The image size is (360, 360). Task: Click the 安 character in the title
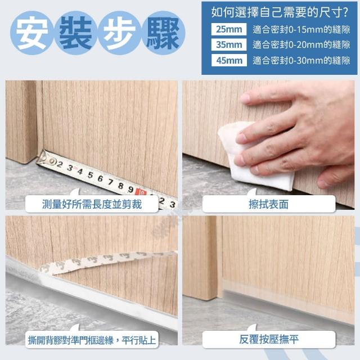click(x=32, y=33)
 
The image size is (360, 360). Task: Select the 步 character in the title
click(x=119, y=33)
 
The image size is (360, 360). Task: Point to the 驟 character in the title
click(x=163, y=33)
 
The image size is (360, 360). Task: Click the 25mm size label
click(x=229, y=29)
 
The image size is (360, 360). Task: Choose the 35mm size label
click(x=229, y=44)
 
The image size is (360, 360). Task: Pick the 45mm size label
click(x=229, y=60)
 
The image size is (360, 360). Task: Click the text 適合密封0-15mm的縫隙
click(x=301, y=30)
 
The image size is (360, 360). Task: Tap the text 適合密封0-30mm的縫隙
click(x=301, y=61)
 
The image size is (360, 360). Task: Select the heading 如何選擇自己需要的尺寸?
click(x=280, y=12)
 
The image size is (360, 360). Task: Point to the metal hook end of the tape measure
click(x=42, y=158)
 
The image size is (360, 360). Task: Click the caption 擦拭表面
click(x=269, y=204)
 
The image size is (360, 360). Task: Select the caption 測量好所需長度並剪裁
click(x=92, y=204)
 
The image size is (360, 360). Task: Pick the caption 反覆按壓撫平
click(x=269, y=339)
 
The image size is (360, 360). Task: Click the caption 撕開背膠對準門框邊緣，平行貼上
click(x=92, y=340)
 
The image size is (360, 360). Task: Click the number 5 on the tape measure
click(x=90, y=175)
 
